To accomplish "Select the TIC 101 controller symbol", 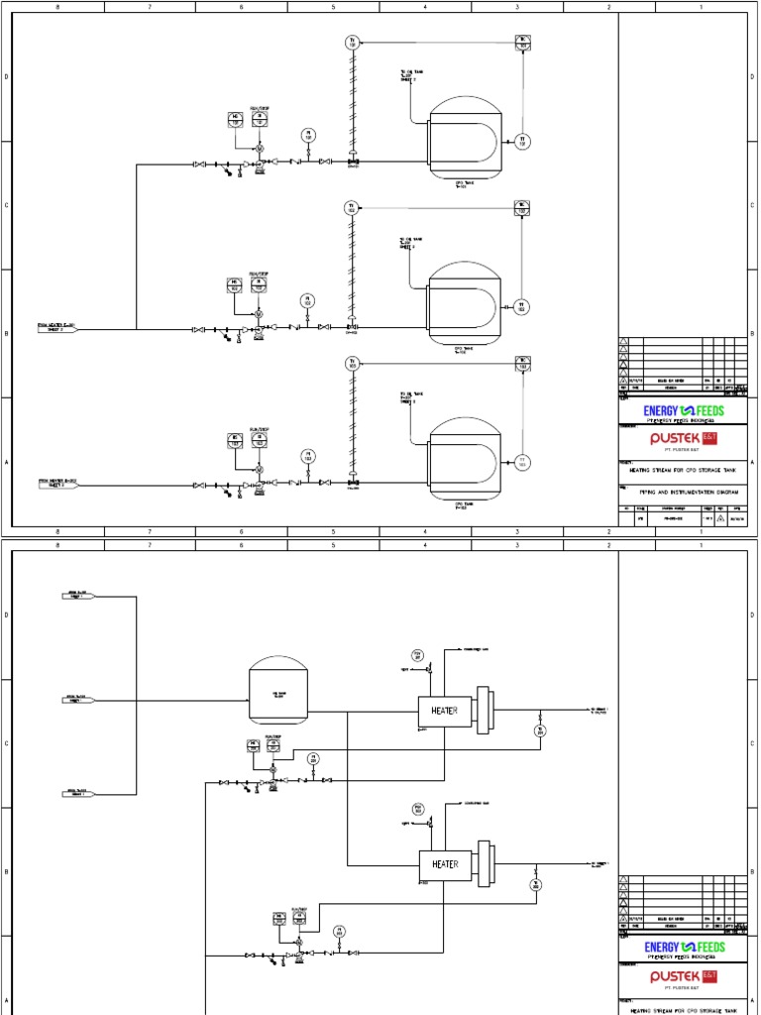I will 523,42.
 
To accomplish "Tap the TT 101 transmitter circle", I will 523,140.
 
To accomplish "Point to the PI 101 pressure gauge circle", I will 308,134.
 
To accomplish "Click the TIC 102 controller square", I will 523,208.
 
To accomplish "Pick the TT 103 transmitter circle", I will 523,462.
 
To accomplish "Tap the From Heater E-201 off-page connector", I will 55,327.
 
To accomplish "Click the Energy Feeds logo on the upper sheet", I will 684,410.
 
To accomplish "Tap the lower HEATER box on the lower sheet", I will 445,864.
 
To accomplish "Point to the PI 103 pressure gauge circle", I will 308,457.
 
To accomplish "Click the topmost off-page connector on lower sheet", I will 75,595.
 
